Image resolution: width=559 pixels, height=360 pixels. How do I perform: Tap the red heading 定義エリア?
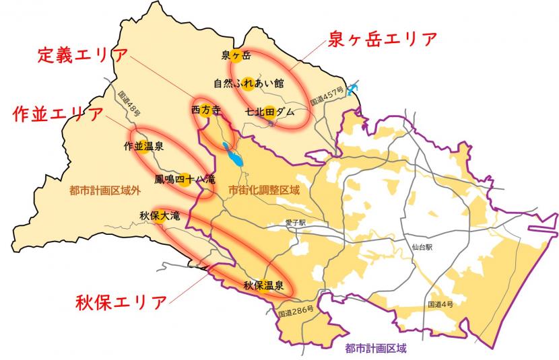[x=82, y=54]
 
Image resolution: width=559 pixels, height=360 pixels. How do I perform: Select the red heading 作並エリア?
[x=58, y=114]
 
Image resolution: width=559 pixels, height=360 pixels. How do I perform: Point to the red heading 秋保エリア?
[x=121, y=301]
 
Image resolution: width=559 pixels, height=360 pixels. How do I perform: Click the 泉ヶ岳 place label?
[x=236, y=56]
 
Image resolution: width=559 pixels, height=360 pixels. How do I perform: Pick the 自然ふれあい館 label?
[x=249, y=83]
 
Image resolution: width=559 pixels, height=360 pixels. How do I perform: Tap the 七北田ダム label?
[x=270, y=112]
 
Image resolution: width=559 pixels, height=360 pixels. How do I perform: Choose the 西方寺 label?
[x=205, y=109]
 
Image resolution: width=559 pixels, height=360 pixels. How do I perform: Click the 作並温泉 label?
[x=143, y=145]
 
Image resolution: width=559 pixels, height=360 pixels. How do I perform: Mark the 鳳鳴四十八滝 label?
[x=184, y=180]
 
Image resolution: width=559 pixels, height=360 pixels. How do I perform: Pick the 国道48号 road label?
[x=129, y=104]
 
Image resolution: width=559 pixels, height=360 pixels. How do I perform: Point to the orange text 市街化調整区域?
[x=264, y=190]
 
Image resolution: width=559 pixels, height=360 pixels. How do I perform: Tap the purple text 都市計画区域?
[x=376, y=349]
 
